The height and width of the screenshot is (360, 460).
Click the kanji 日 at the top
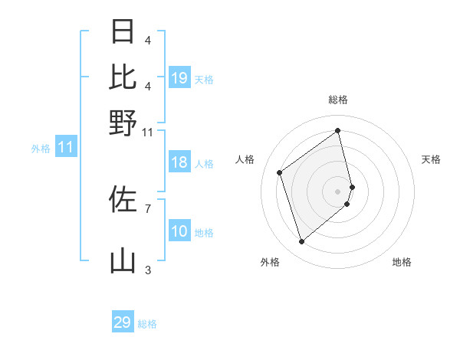[123, 31]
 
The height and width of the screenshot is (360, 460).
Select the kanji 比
[123, 77]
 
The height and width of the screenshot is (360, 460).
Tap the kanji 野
[123, 123]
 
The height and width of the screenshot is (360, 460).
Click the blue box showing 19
[179, 78]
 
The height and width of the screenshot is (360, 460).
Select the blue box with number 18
[179, 162]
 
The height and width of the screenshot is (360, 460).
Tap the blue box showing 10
[179, 231]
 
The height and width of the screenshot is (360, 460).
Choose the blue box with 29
[123, 322]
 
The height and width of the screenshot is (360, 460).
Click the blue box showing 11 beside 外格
[65, 147]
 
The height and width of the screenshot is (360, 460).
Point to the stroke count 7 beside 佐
[148, 208]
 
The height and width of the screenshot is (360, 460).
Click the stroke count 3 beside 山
[148, 270]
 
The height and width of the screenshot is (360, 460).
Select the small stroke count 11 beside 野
[148, 132]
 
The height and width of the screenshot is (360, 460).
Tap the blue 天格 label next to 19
[204, 80]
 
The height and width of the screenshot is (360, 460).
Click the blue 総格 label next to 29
[147, 324]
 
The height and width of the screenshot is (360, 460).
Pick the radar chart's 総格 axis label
[338, 100]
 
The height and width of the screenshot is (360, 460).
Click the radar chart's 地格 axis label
[402, 262]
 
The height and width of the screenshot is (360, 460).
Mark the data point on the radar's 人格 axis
[280, 172]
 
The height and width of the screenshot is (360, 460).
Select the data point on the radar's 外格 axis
[301, 242]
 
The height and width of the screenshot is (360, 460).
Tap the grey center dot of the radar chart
[338, 190]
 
